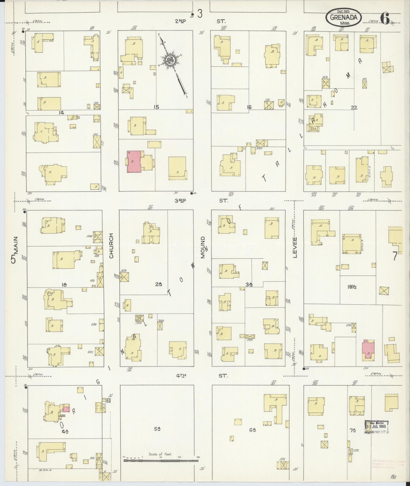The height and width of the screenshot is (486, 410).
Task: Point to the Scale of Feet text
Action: (x=160, y=454)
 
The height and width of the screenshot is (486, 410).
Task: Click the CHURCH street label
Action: (x=111, y=246)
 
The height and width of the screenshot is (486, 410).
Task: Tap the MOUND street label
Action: (x=203, y=247)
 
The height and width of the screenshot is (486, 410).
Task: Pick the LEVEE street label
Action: (x=295, y=247)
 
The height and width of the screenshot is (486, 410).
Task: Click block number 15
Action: (x=156, y=107)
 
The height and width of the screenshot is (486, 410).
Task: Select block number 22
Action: (x=354, y=108)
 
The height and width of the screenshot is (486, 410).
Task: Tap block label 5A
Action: (x=157, y=429)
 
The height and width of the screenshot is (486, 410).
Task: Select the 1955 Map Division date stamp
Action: (x=377, y=427)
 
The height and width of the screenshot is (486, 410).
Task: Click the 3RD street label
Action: (x=180, y=200)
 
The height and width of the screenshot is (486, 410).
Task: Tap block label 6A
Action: (x=252, y=430)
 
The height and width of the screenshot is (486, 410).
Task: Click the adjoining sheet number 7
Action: (x=394, y=256)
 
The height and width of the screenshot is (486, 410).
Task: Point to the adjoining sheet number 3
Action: (x=200, y=14)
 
